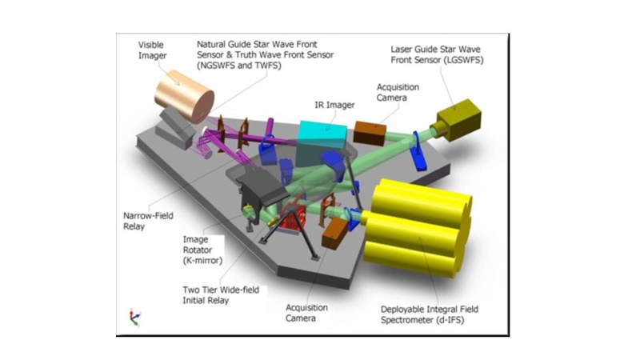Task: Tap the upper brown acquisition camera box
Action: point(370,132)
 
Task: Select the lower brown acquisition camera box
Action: point(335,233)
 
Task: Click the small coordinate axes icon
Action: point(133,318)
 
